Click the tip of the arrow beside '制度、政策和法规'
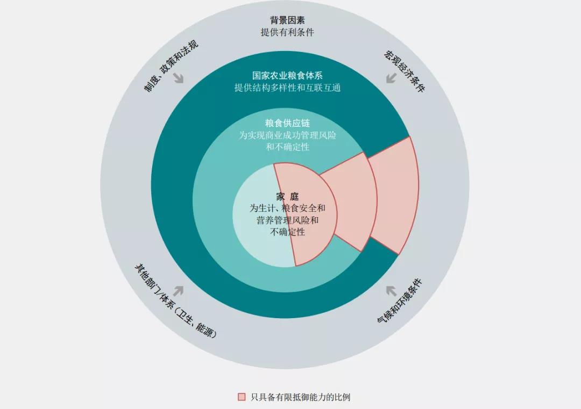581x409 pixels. (183, 83)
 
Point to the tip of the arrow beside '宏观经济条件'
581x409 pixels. (386, 83)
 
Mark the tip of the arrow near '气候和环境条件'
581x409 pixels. (386, 286)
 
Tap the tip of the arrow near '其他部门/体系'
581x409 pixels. (183, 286)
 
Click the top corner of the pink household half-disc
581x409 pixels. (274, 163)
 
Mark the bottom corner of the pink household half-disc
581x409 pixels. (296, 266)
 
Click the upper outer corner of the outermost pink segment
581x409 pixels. (410, 137)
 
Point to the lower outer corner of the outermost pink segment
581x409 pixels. (398, 255)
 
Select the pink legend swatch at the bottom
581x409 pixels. (242, 397)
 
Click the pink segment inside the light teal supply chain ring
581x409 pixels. (352, 202)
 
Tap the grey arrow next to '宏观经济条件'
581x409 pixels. (391, 78)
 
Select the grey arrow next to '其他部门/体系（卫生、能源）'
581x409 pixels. (178, 291)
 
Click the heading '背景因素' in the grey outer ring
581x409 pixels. (287, 20)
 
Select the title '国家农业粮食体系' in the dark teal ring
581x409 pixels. (287, 75)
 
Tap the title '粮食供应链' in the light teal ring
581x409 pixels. (287, 123)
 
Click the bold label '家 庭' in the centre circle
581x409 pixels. (287, 196)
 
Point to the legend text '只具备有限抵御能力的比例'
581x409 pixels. (300, 397)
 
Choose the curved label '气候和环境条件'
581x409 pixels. (399, 300)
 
